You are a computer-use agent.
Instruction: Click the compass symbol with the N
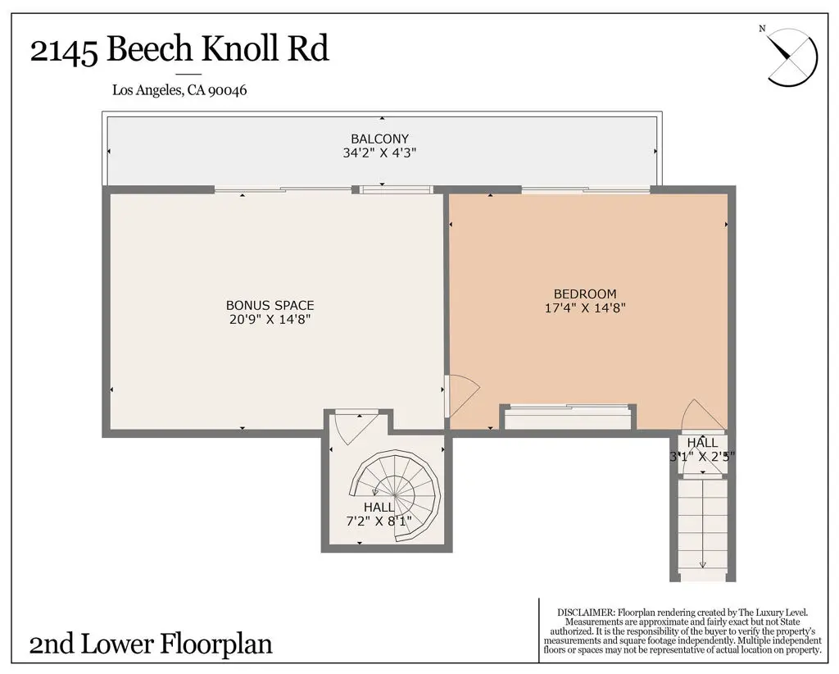791,56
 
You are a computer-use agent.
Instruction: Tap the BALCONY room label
379,139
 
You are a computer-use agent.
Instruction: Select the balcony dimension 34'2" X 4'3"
379,153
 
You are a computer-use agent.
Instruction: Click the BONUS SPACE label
270,305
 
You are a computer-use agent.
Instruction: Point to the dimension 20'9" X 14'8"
270,319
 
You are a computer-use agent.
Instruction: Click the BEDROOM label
584,294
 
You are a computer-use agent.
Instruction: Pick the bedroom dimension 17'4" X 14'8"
584,308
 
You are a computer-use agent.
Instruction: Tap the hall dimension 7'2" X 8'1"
379,521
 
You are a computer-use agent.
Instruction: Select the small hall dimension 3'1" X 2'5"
702,457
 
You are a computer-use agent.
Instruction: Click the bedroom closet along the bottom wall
569,418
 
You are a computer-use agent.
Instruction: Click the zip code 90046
227,91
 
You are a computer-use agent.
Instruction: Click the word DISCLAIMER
585,613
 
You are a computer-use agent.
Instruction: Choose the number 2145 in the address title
65,50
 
